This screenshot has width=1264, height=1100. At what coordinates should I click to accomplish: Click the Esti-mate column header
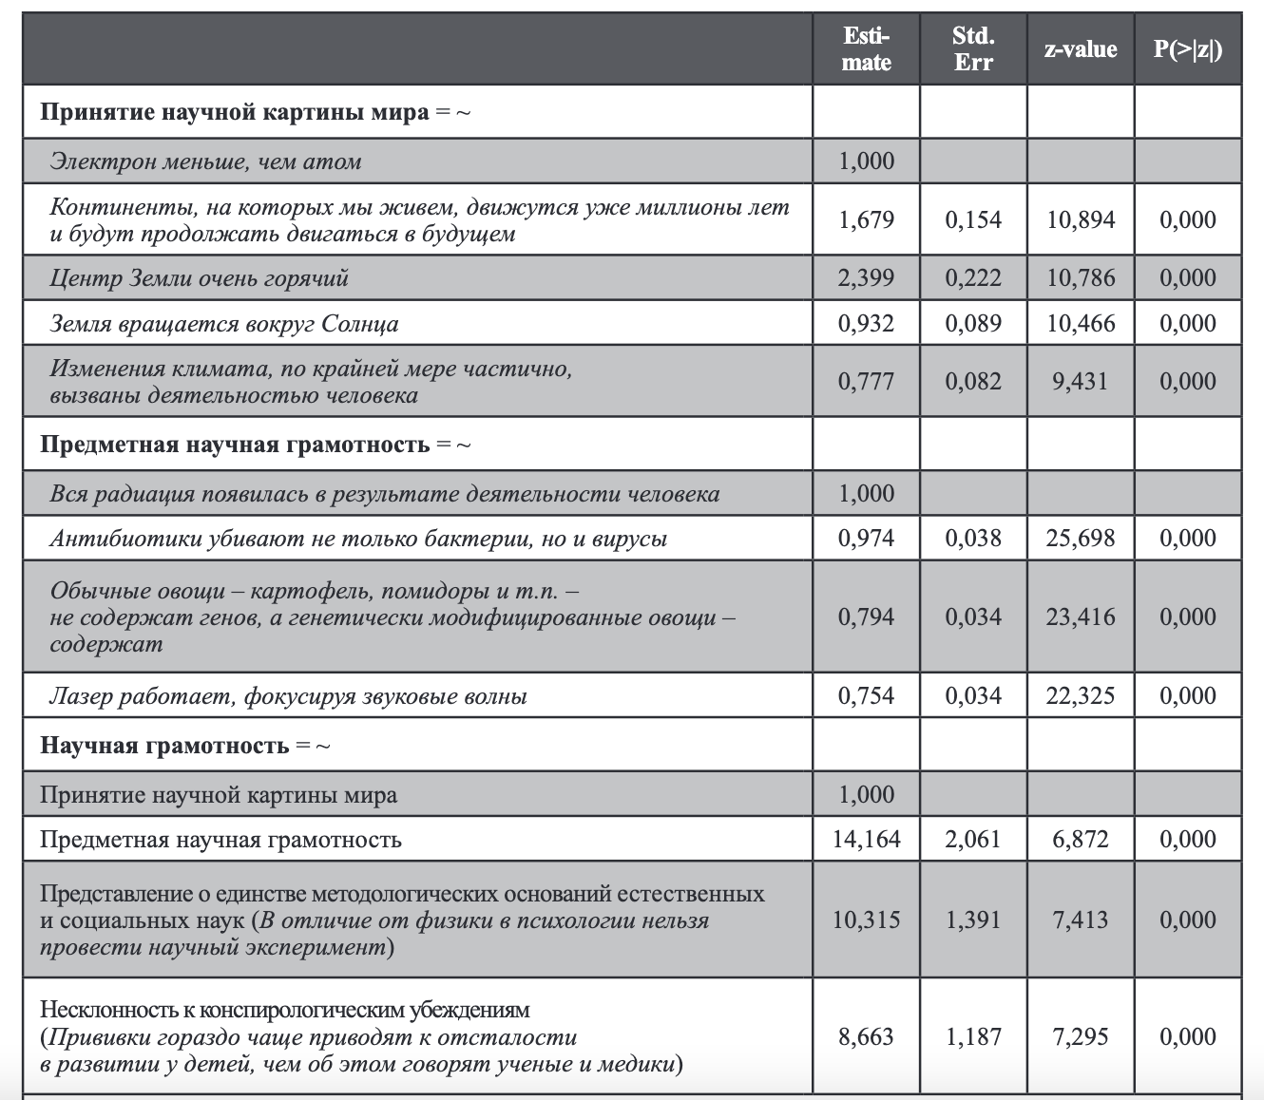click(866, 49)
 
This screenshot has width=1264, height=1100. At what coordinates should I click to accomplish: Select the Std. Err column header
click(972, 49)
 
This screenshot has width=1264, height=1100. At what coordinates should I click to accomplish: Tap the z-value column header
click(1080, 49)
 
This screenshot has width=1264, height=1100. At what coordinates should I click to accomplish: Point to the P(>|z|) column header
click(1187, 49)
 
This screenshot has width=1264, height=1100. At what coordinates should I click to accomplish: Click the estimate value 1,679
click(866, 219)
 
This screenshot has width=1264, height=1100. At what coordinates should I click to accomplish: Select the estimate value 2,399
click(866, 277)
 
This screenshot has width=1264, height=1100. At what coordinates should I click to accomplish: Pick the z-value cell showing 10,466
click(1080, 323)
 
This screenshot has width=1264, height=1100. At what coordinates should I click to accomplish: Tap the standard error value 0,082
click(972, 381)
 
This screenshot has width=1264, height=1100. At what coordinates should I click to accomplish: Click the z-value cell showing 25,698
click(1080, 538)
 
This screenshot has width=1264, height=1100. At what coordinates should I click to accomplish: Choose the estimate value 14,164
click(866, 839)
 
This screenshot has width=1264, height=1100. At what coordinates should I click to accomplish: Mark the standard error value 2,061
click(972, 839)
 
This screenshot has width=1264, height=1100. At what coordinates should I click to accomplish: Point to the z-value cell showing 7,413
click(1080, 920)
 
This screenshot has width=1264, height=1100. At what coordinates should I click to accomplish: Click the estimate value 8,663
click(866, 1036)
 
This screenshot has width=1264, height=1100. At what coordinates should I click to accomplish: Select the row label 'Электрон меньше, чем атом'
click(205, 161)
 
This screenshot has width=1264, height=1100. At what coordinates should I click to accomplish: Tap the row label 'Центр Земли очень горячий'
click(200, 278)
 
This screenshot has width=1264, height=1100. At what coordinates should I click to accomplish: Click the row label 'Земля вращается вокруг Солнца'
click(224, 324)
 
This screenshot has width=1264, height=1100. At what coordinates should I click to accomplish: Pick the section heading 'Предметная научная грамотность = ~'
click(255, 445)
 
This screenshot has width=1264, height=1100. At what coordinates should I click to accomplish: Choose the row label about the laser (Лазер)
click(288, 696)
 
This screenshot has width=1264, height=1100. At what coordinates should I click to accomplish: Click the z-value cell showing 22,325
click(1080, 695)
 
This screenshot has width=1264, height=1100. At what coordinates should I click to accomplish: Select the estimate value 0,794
click(866, 616)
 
